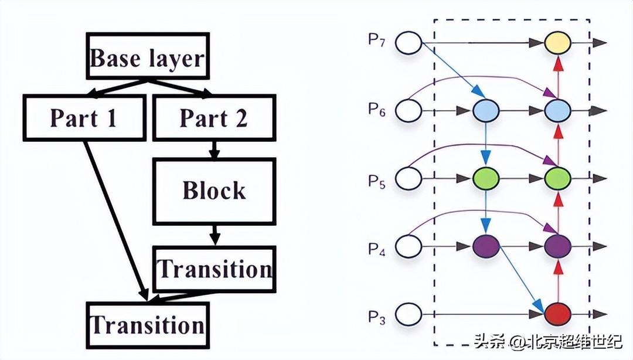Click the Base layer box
click(147, 57)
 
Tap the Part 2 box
click(213, 118)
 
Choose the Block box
click(213, 190)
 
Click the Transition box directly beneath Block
click(215, 269)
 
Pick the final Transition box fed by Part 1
click(147, 325)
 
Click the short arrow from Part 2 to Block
click(215, 150)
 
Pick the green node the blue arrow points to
click(485, 178)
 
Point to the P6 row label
click(377, 110)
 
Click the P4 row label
click(377, 246)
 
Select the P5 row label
click(377, 178)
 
